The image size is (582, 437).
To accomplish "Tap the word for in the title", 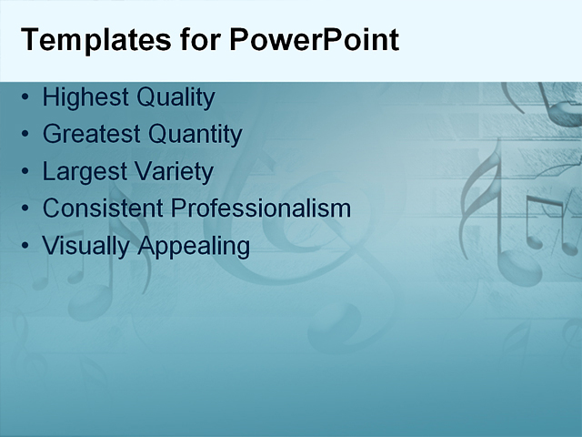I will point(199,41).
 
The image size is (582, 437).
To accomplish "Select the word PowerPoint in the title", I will point(314,41).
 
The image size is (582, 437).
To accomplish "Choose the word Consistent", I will point(103,208).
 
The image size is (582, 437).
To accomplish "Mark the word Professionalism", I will point(261,208).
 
